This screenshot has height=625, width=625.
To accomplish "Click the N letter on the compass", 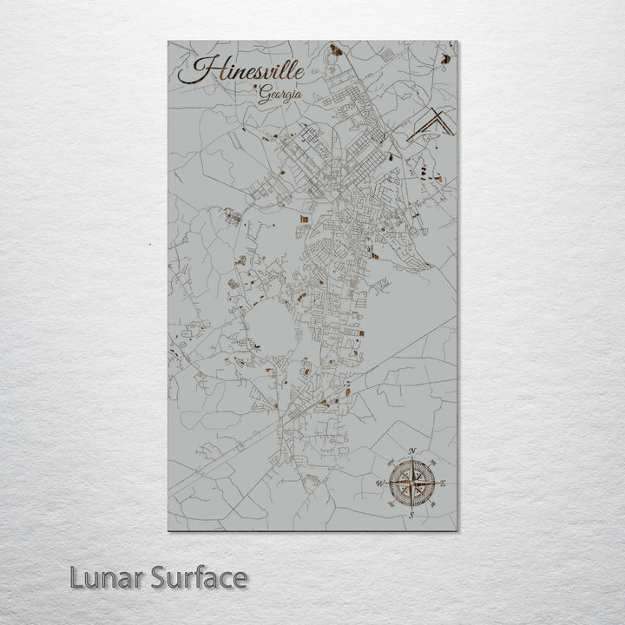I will [411, 450].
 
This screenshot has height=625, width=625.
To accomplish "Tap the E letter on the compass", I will [444, 483].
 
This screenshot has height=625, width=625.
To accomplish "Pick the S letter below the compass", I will [411, 516].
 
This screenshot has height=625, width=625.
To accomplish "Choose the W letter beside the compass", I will [379, 483].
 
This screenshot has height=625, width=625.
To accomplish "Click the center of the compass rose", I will [411, 483].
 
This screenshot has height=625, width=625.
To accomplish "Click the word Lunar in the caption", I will [107, 577].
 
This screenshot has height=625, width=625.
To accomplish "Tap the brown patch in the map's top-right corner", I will [446, 58].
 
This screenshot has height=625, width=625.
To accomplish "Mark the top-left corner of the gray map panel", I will [168, 41].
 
